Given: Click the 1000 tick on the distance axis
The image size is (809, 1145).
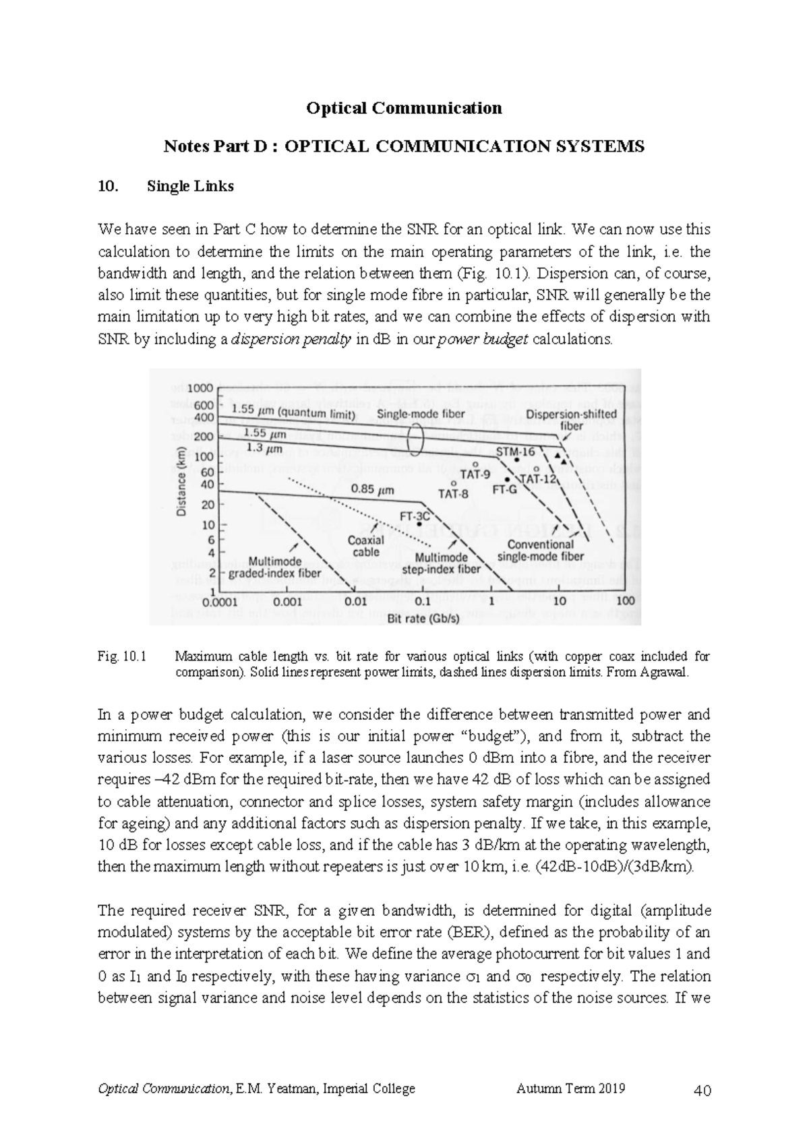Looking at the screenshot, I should (200, 388).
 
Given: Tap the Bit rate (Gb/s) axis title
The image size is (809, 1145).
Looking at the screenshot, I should (423, 618).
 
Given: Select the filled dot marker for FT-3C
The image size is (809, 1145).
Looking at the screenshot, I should (419, 524).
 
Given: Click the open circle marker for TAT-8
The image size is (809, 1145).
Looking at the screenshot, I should (454, 483).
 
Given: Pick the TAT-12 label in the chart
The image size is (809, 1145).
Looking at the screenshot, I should (539, 479).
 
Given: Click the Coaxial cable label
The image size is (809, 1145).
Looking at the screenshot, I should (365, 546).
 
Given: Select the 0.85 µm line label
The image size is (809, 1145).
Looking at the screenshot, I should (372, 490).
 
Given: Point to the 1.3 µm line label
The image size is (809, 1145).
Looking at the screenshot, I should (264, 447).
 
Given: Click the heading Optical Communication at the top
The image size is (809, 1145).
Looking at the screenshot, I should (404, 108).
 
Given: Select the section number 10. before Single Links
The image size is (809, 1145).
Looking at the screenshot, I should (107, 187).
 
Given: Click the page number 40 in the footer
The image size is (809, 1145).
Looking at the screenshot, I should (702, 1090).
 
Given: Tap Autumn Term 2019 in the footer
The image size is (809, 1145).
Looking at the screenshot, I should (570, 1088).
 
